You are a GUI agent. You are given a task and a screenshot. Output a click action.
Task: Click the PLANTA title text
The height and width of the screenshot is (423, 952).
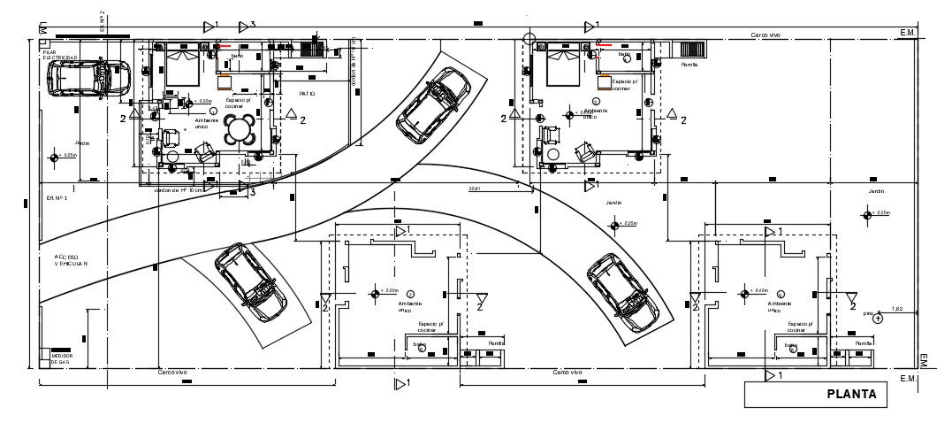(851, 395)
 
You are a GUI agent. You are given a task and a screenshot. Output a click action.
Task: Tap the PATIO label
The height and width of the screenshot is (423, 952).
(307, 93)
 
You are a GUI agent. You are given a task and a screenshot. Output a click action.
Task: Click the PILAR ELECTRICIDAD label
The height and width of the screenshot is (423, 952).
(59, 56)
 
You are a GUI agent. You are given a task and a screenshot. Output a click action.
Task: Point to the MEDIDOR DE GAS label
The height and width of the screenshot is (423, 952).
(62, 358)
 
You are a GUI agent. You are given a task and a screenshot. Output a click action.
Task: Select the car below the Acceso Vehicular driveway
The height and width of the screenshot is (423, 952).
(250, 280)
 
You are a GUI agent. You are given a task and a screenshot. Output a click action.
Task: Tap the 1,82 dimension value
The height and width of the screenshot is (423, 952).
(897, 309)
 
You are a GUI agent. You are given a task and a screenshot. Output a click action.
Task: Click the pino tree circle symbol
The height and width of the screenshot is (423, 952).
(878, 318)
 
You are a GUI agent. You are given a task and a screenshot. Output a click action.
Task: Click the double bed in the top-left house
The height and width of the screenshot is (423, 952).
(183, 66)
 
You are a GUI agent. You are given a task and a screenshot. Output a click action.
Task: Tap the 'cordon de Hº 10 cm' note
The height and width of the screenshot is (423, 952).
(179, 190)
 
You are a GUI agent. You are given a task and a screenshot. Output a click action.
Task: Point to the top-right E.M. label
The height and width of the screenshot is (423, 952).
(908, 32)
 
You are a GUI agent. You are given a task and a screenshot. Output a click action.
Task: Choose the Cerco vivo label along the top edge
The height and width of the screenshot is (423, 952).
(765, 35)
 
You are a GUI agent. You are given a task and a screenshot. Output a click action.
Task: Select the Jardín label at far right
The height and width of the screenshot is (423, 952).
(876, 191)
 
